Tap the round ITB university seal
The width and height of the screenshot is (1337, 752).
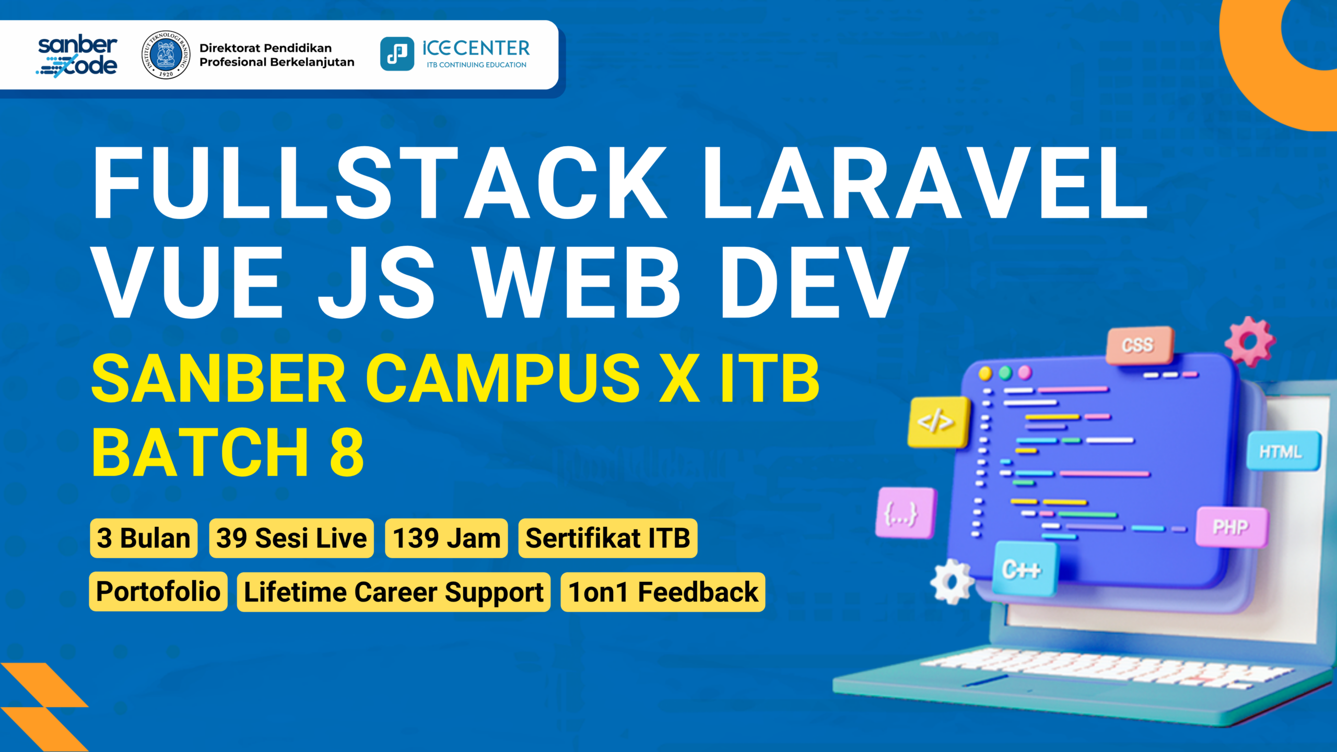click(x=166, y=55)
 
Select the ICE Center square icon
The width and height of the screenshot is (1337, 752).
click(x=397, y=54)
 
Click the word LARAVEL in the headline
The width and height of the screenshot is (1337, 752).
click(x=925, y=182)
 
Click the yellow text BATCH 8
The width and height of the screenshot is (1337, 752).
click(x=228, y=452)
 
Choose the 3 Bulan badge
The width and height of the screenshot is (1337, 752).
click(x=144, y=538)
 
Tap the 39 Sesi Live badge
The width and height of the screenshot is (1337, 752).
click(x=291, y=538)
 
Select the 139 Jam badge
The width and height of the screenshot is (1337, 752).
click(x=447, y=538)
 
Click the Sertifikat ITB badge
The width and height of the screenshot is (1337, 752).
click(x=608, y=538)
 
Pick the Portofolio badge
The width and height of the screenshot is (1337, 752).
click(x=158, y=592)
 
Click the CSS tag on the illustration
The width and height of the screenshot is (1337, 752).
click(x=1140, y=345)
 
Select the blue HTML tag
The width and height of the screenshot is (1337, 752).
click(x=1283, y=451)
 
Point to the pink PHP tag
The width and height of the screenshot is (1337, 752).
click(x=1232, y=527)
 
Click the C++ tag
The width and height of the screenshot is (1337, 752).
click(x=1023, y=569)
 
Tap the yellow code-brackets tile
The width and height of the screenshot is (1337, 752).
click(x=938, y=422)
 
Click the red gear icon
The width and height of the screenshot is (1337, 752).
click(x=1250, y=342)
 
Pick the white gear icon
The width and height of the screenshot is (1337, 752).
click(x=952, y=581)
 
